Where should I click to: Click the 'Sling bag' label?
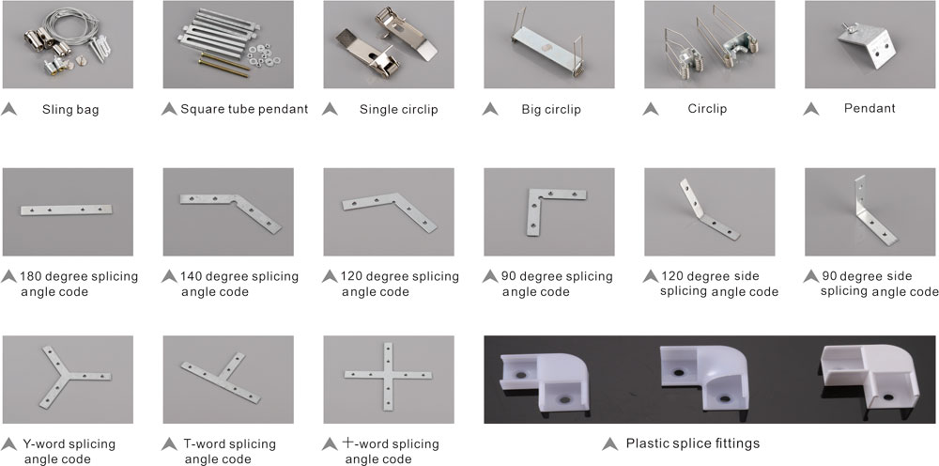pos(70,110)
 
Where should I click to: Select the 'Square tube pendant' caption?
pos(244,109)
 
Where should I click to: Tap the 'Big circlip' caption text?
pos(551,110)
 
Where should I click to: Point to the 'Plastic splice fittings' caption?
pos(693,443)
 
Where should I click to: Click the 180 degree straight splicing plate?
pos(67,210)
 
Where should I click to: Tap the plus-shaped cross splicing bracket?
pos(388,376)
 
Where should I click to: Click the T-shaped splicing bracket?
pos(222,381)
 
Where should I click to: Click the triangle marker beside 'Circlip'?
pos(651,109)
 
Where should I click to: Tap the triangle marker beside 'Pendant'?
pos(811,109)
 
